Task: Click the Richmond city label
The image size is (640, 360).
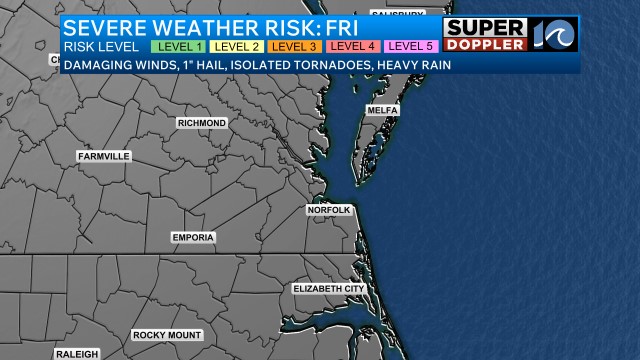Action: point(202,122)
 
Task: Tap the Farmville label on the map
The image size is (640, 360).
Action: point(104,156)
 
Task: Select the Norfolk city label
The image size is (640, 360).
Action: point(329,210)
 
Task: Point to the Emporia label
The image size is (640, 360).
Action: point(193,237)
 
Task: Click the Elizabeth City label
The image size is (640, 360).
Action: point(329,288)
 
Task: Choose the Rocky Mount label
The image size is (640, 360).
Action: point(167,335)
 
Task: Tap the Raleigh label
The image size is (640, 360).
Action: point(77,354)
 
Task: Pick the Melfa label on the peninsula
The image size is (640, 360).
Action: point(383,109)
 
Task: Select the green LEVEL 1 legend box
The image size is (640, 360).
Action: point(179,46)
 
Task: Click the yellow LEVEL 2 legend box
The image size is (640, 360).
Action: point(237,46)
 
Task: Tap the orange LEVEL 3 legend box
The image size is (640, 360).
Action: point(295,46)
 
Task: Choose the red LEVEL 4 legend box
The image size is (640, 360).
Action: point(353,46)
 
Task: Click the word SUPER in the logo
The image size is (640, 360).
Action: point(485,28)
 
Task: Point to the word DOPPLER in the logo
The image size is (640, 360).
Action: point(485,46)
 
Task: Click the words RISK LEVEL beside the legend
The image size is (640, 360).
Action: point(100,46)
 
